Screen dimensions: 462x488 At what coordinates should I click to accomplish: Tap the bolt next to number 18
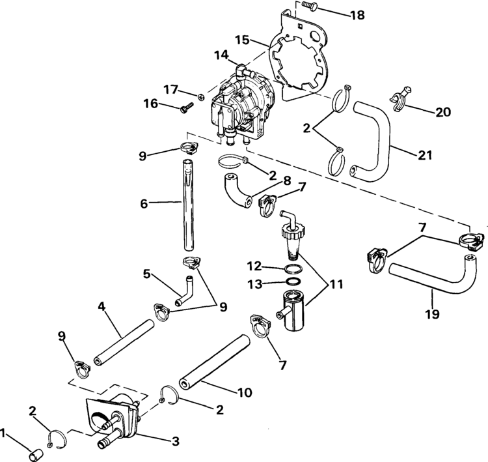[x=310, y=6]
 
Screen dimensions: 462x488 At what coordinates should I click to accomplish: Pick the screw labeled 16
[x=184, y=109]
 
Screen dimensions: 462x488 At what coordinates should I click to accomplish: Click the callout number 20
[x=442, y=113]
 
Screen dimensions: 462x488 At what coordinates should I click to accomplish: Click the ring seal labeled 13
[x=293, y=282]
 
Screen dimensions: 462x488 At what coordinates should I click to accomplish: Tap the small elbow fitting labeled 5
[x=184, y=289]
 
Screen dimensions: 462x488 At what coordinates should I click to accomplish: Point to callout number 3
[x=175, y=441]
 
